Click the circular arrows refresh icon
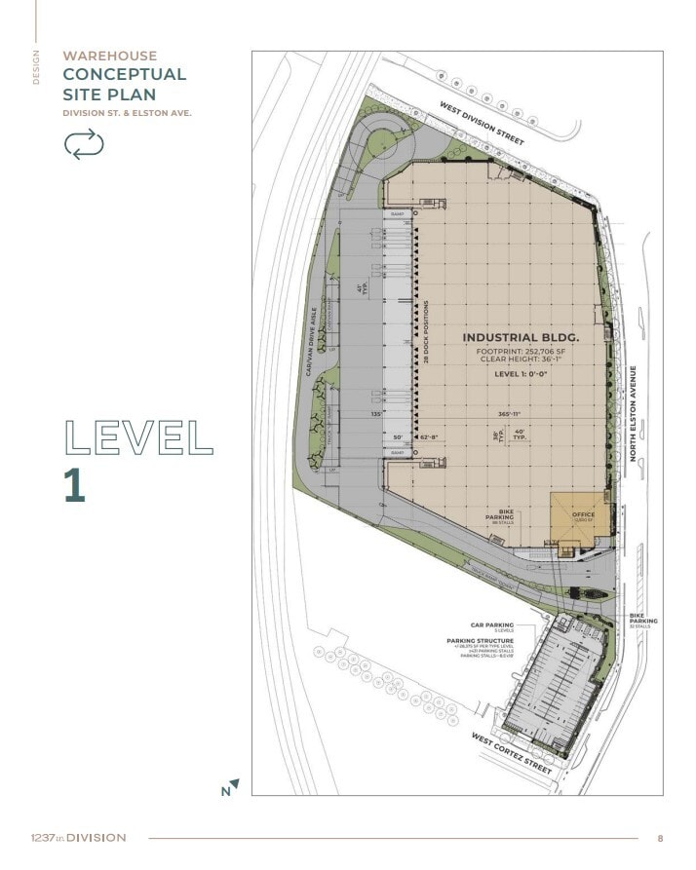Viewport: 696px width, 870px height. (83, 144)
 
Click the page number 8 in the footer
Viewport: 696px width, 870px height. (660, 838)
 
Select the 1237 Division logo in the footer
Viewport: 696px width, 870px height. (77, 838)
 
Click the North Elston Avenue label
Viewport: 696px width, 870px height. (633, 416)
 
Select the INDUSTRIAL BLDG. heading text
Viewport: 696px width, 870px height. (521, 338)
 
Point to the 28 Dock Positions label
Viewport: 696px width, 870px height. (427, 332)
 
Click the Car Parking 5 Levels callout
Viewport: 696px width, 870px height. (492, 628)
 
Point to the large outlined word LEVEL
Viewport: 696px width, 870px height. (137, 438)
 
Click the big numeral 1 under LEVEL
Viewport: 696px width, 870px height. (75, 485)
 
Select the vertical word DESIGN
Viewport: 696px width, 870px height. (37, 68)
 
